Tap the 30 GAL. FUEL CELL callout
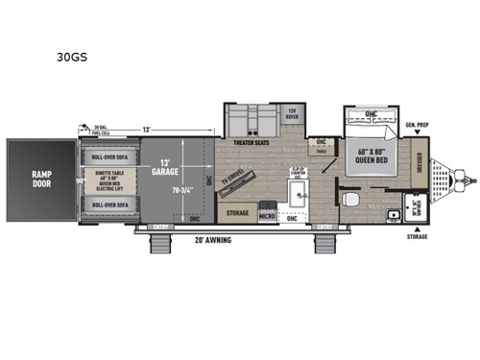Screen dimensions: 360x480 pos(108,130)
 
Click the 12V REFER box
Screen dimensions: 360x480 pos(293,113)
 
